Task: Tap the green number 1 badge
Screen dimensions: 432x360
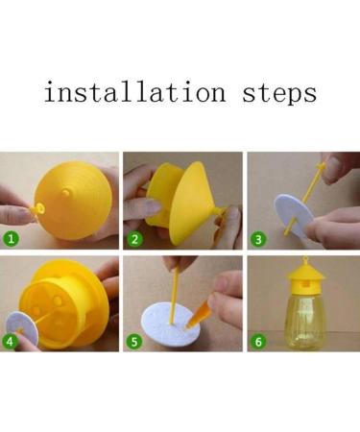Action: [x=12, y=237]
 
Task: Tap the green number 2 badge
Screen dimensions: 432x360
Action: [x=134, y=237]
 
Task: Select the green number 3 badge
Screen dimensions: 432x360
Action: [x=257, y=237]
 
